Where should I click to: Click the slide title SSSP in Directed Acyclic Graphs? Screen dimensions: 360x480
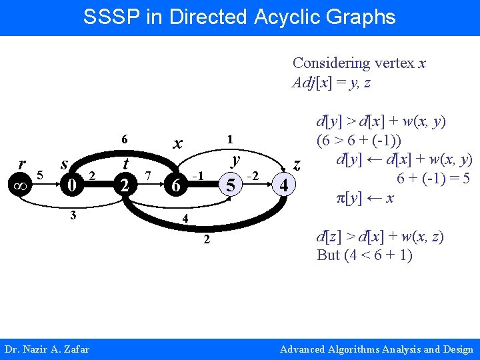[x=239, y=17]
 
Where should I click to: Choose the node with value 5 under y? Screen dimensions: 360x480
[x=230, y=184]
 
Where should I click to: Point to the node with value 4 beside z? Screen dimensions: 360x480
[x=284, y=184]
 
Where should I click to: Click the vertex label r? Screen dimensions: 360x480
[x=22, y=164]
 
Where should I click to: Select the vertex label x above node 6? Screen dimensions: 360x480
[x=177, y=143]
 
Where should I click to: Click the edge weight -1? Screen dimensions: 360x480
[x=197, y=175]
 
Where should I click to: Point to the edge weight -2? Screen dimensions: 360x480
[x=252, y=175]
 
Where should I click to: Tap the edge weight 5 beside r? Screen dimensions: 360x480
[x=40, y=175]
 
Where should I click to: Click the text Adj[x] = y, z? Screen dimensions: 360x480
[x=331, y=83]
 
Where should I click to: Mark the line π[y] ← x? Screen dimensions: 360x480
[x=367, y=198]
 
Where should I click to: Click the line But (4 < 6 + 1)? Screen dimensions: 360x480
[x=365, y=255]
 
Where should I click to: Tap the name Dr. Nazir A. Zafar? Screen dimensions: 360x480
[x=47, y=349]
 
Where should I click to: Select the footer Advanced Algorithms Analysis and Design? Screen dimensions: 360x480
[x=376, y=349]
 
